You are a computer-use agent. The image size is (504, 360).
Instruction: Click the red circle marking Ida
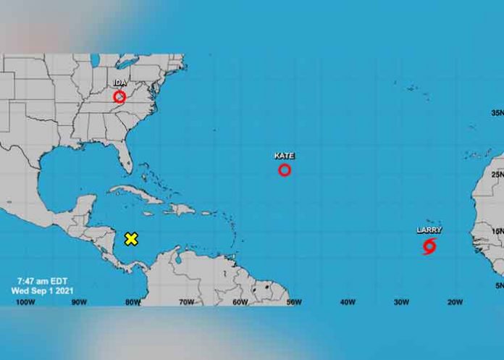[119, 96]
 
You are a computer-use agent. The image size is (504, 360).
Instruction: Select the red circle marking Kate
[285, 170]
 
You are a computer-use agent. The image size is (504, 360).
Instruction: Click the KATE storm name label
[285, 156]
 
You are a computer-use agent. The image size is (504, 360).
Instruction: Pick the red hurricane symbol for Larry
[429, 246]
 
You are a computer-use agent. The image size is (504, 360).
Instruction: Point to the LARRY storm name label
[429, 230]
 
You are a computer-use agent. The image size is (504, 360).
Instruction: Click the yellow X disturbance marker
[131, 239]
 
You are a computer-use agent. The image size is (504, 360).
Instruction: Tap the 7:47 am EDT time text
[42, 279]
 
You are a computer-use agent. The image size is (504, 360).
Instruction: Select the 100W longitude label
[25, 301]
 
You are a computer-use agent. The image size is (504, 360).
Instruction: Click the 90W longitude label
[78, 301]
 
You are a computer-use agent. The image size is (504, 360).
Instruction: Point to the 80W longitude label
[132, 301]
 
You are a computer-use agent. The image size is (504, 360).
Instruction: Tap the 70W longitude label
[185, 301]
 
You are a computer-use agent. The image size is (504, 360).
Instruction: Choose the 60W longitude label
[239, 301]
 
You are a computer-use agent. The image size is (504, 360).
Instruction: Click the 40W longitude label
[347, 301]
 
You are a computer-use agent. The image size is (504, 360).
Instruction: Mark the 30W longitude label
[400, 301]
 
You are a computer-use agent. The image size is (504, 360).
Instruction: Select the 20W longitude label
[454, 301]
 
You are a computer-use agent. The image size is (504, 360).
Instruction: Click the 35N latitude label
[497, 113]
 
